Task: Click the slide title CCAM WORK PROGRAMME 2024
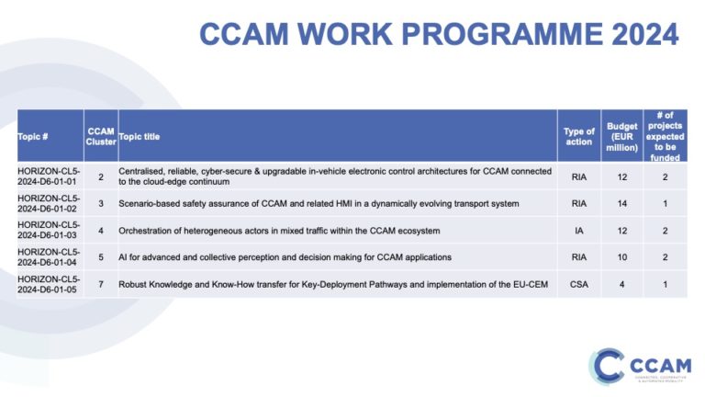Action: (439, 34)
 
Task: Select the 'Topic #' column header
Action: (33, 136)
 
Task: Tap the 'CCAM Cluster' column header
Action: (100, 136)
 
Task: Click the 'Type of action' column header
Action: (578, 136)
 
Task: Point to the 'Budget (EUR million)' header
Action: (621, 136)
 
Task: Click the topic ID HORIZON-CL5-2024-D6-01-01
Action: (48, 176)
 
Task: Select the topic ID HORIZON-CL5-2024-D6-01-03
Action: (48, 229)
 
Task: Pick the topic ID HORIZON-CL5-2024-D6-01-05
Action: (48, 283)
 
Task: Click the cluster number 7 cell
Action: (100, 283)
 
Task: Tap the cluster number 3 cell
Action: (100, 203)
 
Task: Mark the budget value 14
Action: (621, 203)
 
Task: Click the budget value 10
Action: (621, 256)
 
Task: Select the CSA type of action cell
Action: (578, 283)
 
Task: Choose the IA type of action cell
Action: (578, 229)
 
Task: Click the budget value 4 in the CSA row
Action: (621, 283)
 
